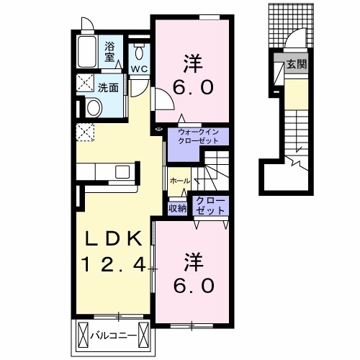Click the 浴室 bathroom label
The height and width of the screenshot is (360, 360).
pyautogui.click(x=109, y=52)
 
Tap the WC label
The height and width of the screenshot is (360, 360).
pyautogui.click(x=139, y=69)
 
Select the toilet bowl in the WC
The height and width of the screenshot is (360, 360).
pyautogui.click(x=139, y=53)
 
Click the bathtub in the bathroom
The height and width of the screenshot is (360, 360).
pyautogui.click(x=87, y=52)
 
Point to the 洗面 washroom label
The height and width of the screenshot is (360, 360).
pyautogui.click(x=108, y=88)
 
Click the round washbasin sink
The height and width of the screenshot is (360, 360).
pyautogui.click(x=94, y=108)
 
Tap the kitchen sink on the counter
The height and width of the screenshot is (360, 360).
pyautogui.click(x=122, y=172)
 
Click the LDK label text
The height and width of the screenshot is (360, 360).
pyautogui.click(x=114, y=239)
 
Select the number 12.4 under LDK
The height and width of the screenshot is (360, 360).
pyautogui.click(x=114, y=264)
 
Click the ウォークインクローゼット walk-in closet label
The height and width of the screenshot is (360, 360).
pyautogui.click(x=198, y=136)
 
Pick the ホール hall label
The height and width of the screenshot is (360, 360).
pyautogui.click(x=180, y=181)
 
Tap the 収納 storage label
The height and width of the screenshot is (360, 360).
pyautogui.click(x=177, y=208)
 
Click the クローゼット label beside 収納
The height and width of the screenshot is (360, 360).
pyautogui.click(x=210, y=205)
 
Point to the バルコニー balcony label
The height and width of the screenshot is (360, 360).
pyautogui.click(x=113, y=336)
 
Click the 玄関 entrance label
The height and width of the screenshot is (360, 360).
pyautogui.click(x=297, y=64)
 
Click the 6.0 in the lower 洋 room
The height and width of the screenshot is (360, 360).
pyautogui.click(x=194, y=286)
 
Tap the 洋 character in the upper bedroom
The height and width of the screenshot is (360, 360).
pyautogui.click(x=194, y=63)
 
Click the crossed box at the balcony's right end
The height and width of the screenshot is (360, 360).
pyautogui.click(x=144, y=336)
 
